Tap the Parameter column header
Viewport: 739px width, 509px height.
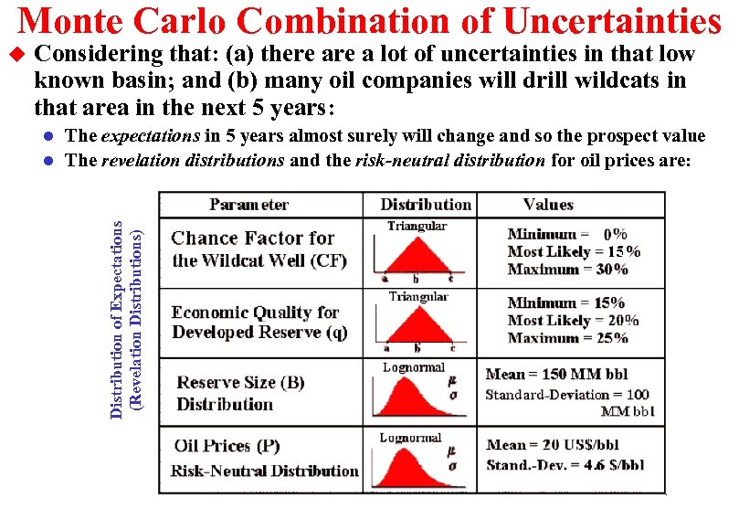click(x=248, y=205)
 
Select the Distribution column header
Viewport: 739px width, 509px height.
click(x=425, y=205)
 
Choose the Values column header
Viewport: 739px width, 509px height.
click(x=548, y=205)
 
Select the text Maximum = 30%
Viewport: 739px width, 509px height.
click(x=567, y=270)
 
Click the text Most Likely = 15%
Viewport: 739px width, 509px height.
click(x=574, y=251)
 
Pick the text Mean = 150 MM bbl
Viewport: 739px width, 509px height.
click(x=556, y=375)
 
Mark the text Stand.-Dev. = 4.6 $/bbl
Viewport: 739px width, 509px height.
click(x=565, y=464)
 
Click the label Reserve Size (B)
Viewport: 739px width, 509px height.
click(x=240, y=383)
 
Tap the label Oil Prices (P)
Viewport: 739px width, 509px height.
click(x=227, y=447)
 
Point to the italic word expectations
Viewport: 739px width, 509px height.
click(x=150, y=136)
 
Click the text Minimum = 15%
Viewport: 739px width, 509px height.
click(x=566, y=302)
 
